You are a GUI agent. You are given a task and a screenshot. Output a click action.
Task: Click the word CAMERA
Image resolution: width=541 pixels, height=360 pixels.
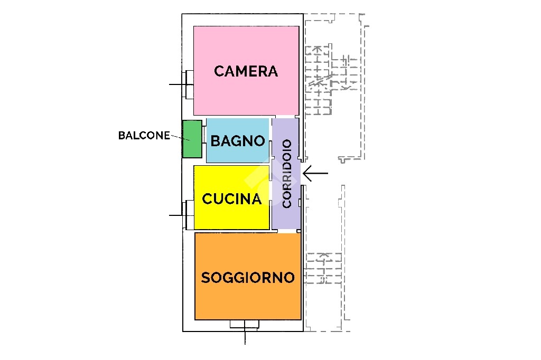click(246, 71)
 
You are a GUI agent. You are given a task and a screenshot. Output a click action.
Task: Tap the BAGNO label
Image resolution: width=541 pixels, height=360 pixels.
click(238, 141)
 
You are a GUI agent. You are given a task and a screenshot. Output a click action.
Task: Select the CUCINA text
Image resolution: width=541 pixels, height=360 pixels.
click(231, 199)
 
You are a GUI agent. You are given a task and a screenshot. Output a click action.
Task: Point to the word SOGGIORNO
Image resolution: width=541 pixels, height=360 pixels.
click(248, 278)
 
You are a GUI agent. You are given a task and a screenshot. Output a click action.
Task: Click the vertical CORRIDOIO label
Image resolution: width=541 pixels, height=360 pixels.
click(287, 174)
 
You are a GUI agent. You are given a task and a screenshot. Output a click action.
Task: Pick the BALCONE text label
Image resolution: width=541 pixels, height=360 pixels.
click(144, 136)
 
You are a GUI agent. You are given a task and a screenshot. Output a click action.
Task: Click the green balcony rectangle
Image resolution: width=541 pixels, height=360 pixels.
click(192, 139)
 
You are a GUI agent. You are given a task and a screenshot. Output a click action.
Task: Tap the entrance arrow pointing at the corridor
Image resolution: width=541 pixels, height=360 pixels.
click(315, 173)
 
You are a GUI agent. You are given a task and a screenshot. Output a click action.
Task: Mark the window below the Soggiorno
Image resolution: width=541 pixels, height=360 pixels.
click(245, 324)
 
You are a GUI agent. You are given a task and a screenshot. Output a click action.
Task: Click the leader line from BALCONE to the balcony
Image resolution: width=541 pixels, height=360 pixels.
click(180, 138)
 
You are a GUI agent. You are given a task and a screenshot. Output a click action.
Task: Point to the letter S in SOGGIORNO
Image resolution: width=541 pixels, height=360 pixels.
click(206, 278)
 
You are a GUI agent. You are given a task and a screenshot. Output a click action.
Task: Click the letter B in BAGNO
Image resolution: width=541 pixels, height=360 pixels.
click(216, 141)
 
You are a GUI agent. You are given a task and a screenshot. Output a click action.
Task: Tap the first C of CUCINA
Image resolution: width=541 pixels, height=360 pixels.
click(207, 199)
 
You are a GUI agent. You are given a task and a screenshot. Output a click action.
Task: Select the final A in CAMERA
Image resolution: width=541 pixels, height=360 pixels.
click(272, 71)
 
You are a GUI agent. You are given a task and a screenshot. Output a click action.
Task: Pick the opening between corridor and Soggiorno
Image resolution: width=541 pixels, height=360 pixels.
click(289, 231)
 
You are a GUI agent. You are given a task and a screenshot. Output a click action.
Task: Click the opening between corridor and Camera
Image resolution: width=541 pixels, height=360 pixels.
click(287, 117)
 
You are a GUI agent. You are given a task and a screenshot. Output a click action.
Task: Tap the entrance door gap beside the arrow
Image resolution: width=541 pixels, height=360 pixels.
click(302, 174)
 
